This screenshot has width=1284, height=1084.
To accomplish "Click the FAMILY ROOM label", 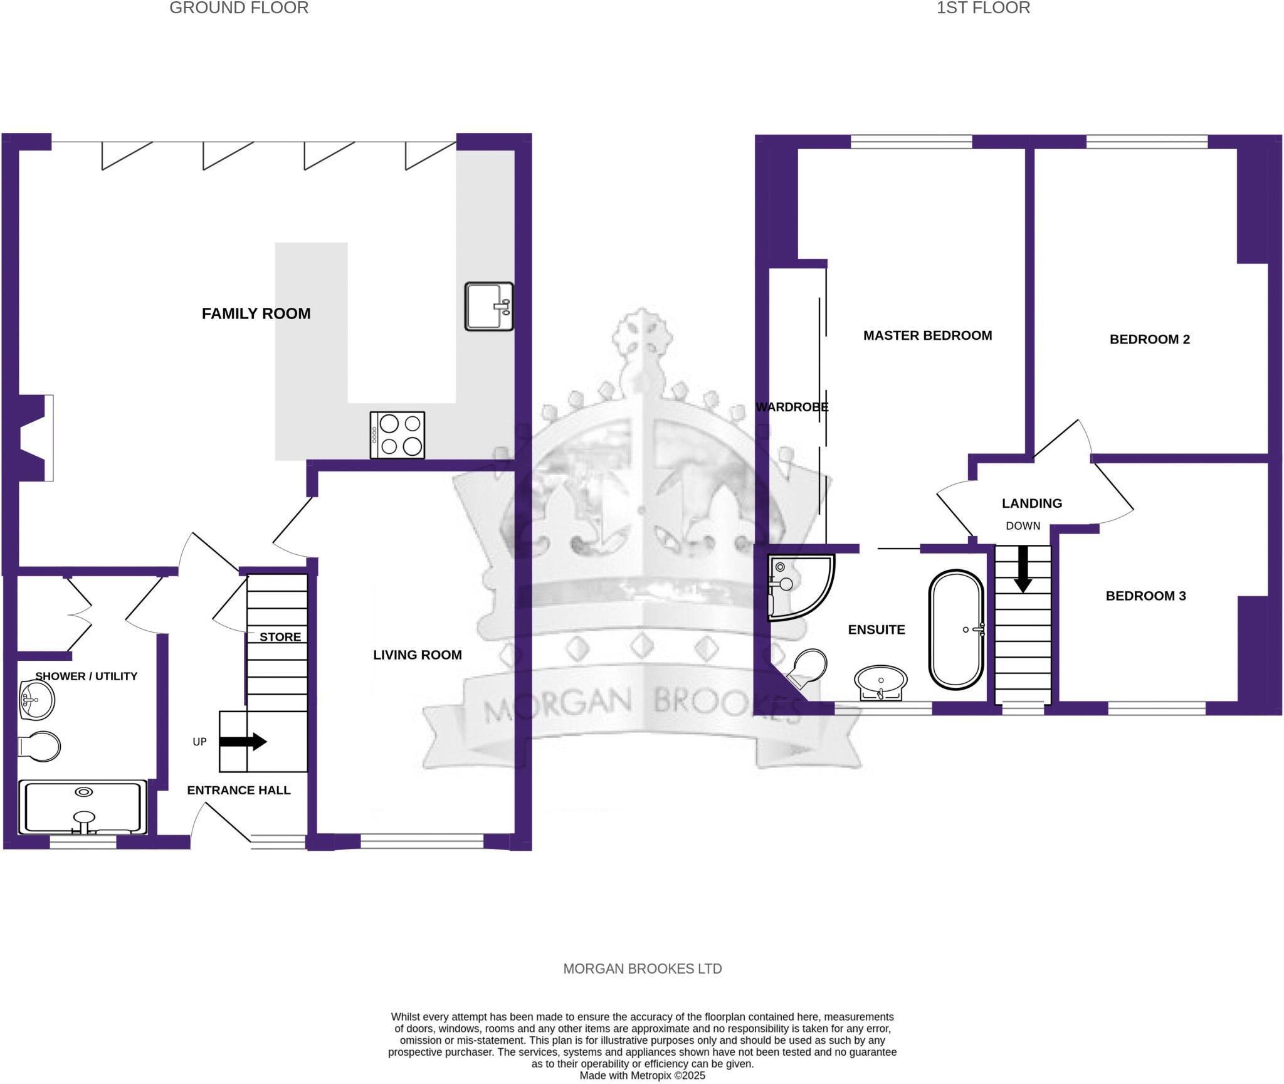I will point(256,313).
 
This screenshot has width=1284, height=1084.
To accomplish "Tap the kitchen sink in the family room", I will point(488,306).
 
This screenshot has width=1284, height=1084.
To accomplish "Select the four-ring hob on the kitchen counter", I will point(397,435).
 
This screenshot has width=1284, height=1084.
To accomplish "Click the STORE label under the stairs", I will point(280,637).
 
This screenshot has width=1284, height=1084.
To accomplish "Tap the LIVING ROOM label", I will point(418,655).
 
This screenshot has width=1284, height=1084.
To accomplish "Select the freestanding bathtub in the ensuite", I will point(956,629).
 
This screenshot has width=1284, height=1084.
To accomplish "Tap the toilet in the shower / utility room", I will point(39,746).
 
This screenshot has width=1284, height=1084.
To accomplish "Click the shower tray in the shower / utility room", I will point(83,807).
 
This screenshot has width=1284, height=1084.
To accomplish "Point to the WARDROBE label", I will point(792,408).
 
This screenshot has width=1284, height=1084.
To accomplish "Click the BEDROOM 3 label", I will point(1145,596).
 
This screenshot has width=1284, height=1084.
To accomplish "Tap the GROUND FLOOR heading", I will point(239,8).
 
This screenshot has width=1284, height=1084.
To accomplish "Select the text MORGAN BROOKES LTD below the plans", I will point(642,969).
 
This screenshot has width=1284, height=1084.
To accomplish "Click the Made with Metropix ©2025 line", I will point(642,1076).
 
